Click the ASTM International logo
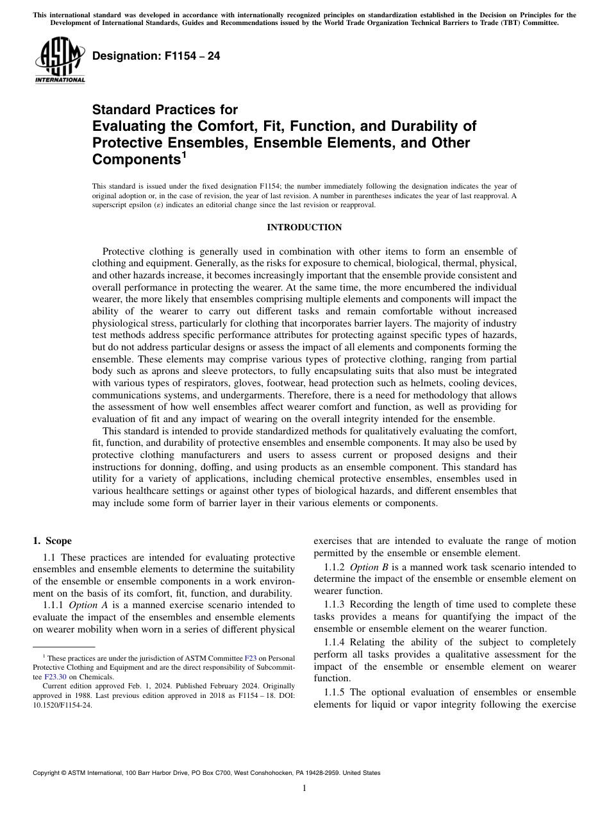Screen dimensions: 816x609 (x=60, y=60)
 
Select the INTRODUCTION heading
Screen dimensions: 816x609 (x=304, y=228)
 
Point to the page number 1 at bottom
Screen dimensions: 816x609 (x=304, y=788)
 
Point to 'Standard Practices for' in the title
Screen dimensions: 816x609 (x=165, y=110)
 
